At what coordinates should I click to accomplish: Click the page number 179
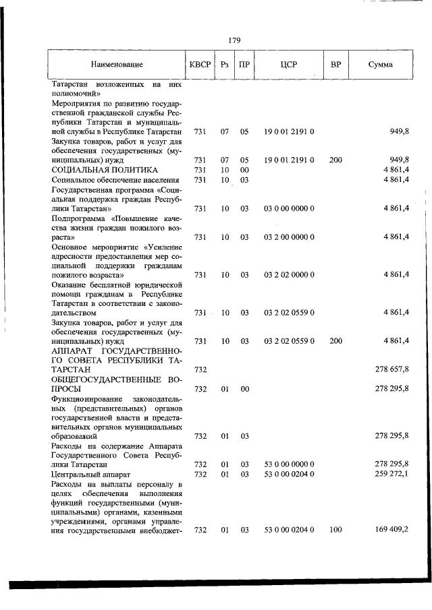pyautogui.click(x=234, y=40)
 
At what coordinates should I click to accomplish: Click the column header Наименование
pyautogui.click(x=117, y=65)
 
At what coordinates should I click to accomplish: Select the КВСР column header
pyautogui.click(x=200, y=65)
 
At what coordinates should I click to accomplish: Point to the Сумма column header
pyautogui.click(x=381, y=65)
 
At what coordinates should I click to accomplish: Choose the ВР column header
pyautogui.click(x=335, y=65)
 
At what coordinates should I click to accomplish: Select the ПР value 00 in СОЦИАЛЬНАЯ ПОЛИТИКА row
pyautogui.click(x=245, y=170)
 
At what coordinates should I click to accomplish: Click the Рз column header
pyautogui.click(x=225, y=65)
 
